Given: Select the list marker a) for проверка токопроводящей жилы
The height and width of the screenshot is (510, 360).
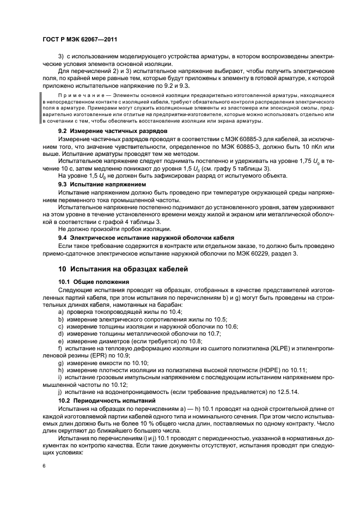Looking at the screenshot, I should click(x=61, y=311).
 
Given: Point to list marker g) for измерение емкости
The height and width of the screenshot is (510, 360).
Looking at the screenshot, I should click(x=61, y=362).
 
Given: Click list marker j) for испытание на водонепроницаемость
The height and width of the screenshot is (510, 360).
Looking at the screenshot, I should click(x=61, y=391).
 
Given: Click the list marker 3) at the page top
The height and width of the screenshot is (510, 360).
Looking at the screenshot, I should click(x=61, y=57).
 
